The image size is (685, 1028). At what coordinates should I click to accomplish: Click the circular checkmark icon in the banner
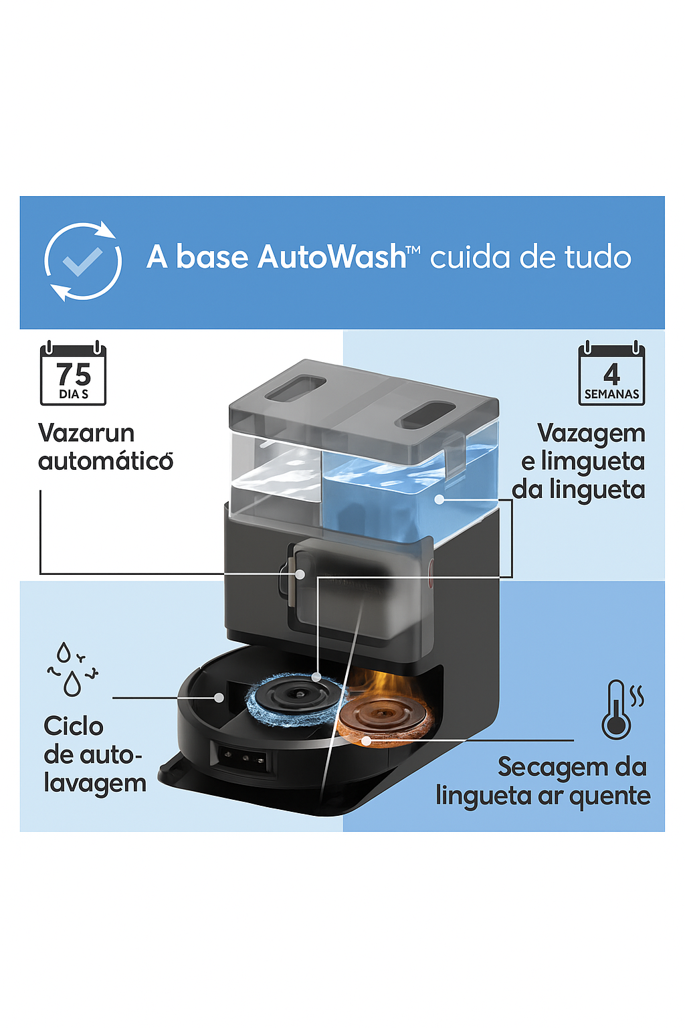click(83, 262)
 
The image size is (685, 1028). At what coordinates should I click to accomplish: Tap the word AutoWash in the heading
click(332, 257)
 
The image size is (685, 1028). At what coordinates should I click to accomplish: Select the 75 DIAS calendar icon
click(73, 374)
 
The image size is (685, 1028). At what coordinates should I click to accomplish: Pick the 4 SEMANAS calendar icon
click(611, 374)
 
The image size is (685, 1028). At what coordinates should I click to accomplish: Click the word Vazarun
click(86, 433)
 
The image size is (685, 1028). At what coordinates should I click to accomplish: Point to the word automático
click(106, 461)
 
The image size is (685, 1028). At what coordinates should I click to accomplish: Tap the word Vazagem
click(591, 433)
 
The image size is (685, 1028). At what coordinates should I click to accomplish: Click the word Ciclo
click(74, 726)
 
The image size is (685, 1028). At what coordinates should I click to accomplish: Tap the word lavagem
click(95, 783)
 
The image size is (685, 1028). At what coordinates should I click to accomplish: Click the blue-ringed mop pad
click(295, 699)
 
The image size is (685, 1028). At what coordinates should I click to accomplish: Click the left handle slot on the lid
click(295, 388)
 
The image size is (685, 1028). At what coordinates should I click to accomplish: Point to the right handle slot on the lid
click(426, 415)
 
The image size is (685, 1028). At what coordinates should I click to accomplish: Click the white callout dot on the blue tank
click(439, 499)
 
